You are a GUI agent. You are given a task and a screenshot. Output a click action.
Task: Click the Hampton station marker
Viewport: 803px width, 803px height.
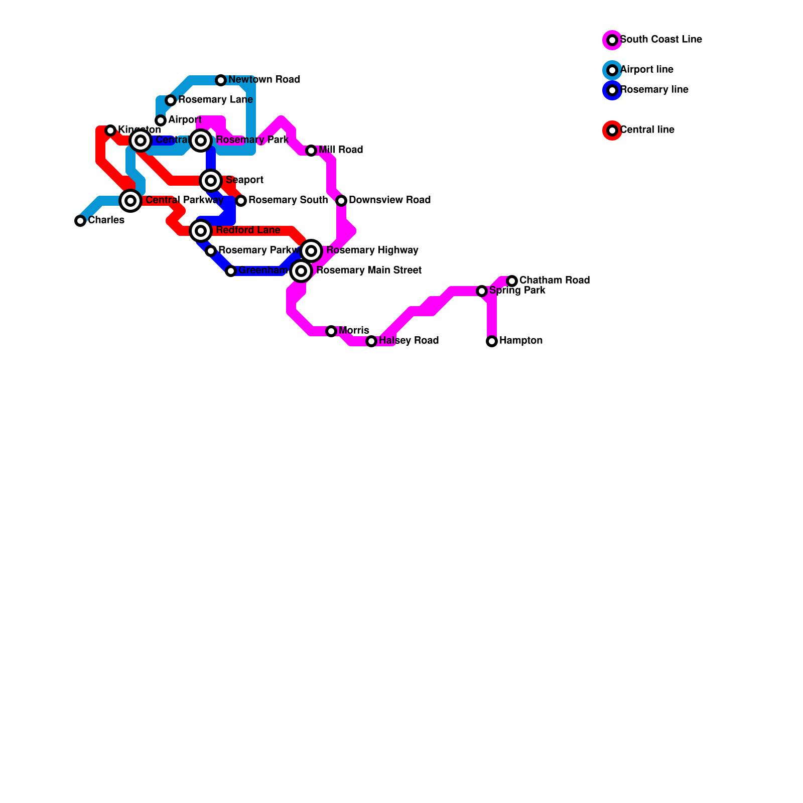492,341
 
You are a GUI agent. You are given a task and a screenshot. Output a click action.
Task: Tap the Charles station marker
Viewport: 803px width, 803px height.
80,221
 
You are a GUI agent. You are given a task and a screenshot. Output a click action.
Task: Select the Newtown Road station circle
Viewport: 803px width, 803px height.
221,80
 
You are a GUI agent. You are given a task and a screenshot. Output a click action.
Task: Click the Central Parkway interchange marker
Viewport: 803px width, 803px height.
130,201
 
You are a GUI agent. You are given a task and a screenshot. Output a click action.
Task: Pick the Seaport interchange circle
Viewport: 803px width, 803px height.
211,181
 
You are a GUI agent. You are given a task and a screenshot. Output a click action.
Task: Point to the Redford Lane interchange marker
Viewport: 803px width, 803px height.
201,231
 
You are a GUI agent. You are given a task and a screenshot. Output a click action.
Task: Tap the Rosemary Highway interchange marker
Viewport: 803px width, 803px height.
311,251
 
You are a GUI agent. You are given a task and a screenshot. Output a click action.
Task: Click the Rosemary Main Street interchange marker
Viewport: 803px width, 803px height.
301,271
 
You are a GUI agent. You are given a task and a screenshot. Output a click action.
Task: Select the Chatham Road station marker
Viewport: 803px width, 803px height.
512,281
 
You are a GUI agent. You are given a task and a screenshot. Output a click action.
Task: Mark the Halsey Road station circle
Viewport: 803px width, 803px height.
371,341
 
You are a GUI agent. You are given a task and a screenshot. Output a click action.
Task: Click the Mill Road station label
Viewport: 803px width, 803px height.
341,150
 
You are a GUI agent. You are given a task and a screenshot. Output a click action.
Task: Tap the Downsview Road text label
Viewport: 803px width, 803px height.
389,200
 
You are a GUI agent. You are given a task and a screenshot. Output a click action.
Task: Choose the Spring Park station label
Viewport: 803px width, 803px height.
517,291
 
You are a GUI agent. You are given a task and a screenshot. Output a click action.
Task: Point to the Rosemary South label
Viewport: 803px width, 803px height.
288,200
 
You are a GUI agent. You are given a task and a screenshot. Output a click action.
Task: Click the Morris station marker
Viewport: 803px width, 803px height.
331,331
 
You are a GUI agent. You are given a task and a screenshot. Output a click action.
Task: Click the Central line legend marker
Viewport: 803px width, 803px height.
612,130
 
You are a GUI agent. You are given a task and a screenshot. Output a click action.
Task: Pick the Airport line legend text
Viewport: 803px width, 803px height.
646,70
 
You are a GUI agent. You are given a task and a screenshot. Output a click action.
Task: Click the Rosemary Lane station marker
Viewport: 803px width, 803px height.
171,100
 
